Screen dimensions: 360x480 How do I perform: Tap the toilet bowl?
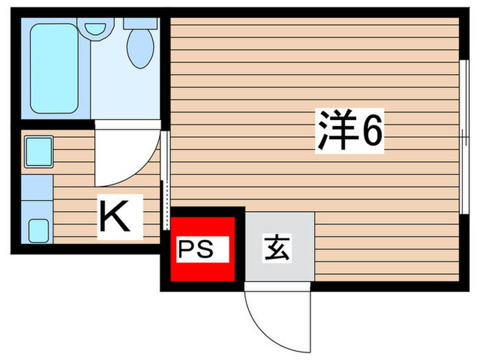pyautogui.click(x=140, y=47)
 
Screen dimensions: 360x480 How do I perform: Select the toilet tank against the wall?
pyautogui.click(x=141, y=23)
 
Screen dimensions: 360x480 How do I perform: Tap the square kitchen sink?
pyautogui.click(x=39, y=152)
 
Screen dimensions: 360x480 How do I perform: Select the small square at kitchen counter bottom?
pyautogui.click(x=38, y=231)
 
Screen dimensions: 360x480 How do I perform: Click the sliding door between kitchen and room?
pyautogui.click(x=165, y=179)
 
